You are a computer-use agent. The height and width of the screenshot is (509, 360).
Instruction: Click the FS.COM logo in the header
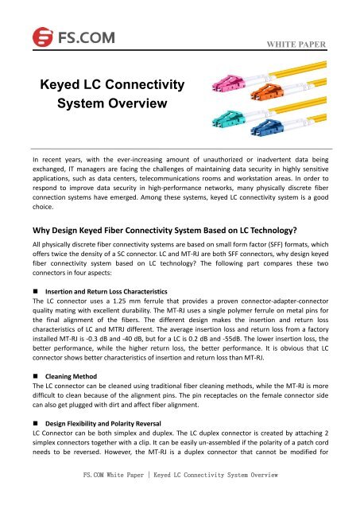pyautogui.click(x=54, y=36)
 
